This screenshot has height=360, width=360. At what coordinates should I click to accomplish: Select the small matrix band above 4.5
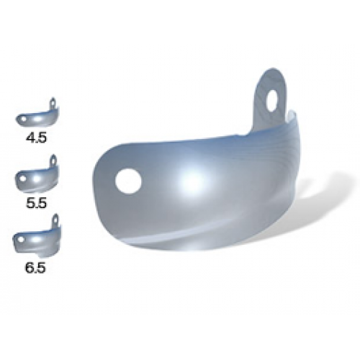[38, 115]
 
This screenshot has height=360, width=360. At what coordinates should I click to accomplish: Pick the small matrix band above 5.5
[38, 176]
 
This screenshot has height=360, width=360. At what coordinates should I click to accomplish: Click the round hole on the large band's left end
[129, 182]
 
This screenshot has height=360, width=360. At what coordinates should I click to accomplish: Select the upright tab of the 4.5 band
[53, 102]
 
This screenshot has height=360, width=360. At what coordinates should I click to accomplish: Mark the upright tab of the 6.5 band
[55, 220]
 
